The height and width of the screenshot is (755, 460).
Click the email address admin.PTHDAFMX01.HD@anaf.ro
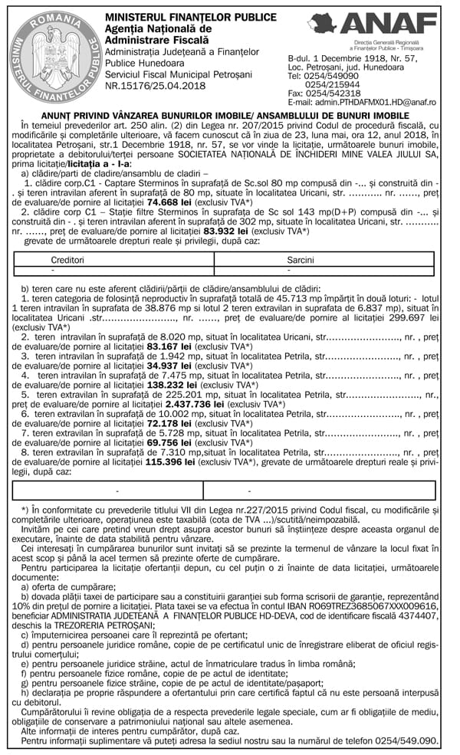[x=362, y=102]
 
